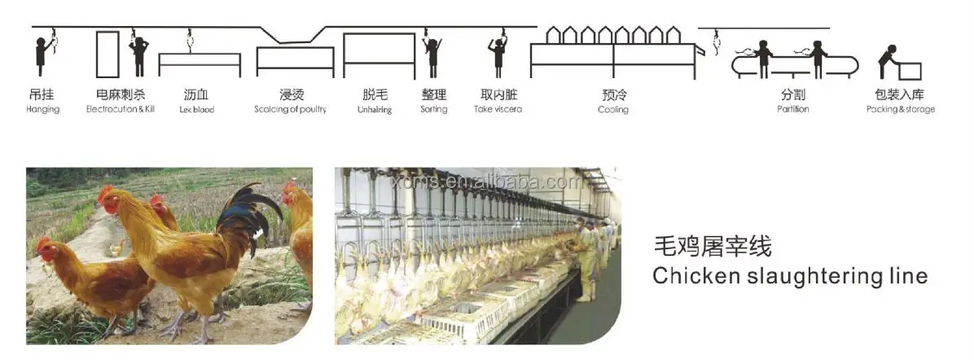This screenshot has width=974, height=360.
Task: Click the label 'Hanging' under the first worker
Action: coord(42,109)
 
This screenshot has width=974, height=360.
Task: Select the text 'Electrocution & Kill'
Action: coord(120,109)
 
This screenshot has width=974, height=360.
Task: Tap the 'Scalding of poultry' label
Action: coord(290,109)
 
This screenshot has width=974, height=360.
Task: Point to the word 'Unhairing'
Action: coord(374,109)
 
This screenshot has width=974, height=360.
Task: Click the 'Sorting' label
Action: coord(433,109)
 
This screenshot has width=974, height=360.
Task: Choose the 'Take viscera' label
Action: coord(498,109)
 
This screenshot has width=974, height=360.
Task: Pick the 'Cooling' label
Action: coord(612,109)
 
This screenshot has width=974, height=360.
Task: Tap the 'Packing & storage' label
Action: coord(900,109)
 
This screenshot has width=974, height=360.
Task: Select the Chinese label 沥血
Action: coord(196,94)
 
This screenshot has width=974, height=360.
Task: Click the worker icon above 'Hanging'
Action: coord(42,56)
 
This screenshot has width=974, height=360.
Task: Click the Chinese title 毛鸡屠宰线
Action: coord(712,245)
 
